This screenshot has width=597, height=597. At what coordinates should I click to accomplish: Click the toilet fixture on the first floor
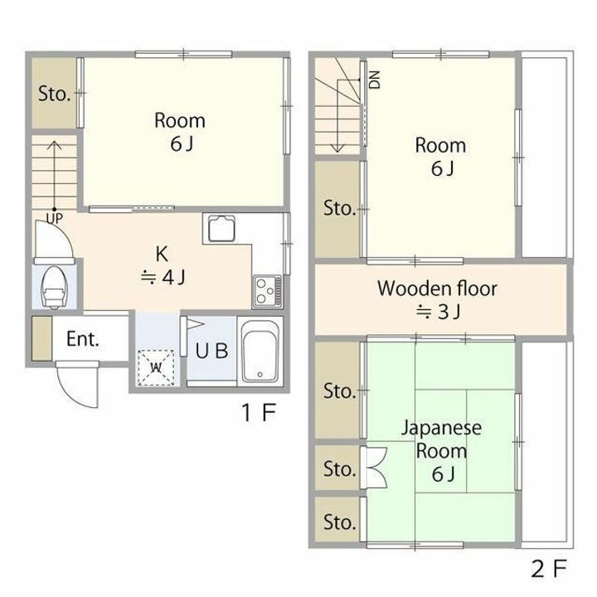point(54,287)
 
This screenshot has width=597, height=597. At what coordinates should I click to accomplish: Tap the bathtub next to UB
point(260,351)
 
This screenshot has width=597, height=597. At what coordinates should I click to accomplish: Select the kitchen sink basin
point(221,229)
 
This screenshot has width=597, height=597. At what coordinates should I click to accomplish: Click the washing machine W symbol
point(156,368)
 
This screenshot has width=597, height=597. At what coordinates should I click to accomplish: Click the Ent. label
point(83,338)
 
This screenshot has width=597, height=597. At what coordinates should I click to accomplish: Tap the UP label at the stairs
point(55,218)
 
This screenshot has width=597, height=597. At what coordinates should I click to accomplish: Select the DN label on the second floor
point(375,80)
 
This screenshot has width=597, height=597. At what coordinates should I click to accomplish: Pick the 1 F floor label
point(259,412)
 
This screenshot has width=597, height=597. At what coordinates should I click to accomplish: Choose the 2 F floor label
point(549,569)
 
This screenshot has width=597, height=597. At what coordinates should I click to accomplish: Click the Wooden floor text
point(437,289)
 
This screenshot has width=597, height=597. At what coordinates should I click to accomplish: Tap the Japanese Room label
point(441,439)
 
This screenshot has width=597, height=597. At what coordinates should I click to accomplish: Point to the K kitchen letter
point(162,254)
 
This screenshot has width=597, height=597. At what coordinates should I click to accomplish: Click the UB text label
point(211,351)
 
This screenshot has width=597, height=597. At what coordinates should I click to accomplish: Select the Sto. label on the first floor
point(55,94)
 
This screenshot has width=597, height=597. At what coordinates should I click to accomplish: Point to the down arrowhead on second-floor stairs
point(337,148)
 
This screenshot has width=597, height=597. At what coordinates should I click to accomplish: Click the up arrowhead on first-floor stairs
point(55,145)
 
